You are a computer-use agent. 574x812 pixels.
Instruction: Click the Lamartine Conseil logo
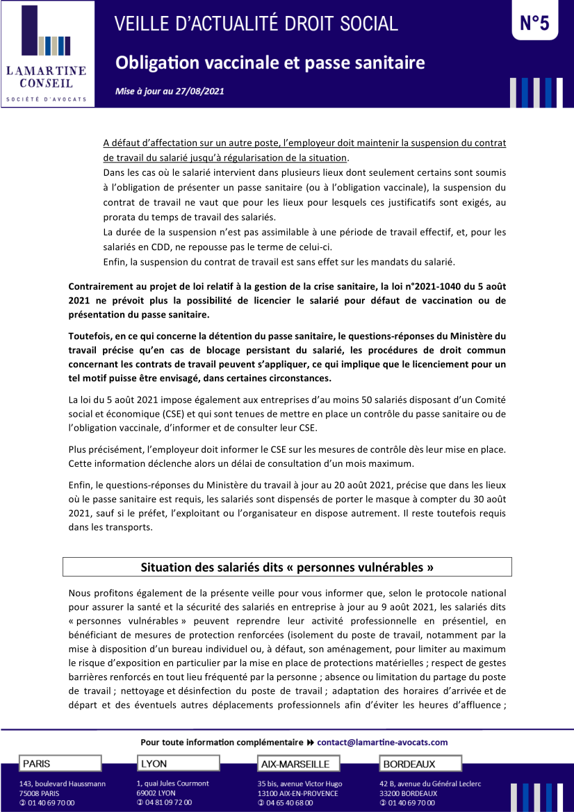point(47,53)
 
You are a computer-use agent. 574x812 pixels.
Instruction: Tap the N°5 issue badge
point(534,24)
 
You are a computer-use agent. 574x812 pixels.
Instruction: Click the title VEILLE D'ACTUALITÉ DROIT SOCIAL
point(256,24)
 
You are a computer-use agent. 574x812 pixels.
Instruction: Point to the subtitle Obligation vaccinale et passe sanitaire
point(270,63)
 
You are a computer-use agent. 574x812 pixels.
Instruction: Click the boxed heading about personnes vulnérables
point(287,567)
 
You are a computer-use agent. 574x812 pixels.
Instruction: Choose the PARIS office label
point(60,763)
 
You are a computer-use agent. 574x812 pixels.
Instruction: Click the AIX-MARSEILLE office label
point(298,764)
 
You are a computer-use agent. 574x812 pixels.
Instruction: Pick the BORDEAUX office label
point(421,764)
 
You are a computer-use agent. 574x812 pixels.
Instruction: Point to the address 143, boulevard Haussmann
point(63,784)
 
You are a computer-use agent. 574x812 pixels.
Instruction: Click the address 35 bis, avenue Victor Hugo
point(300,784)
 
